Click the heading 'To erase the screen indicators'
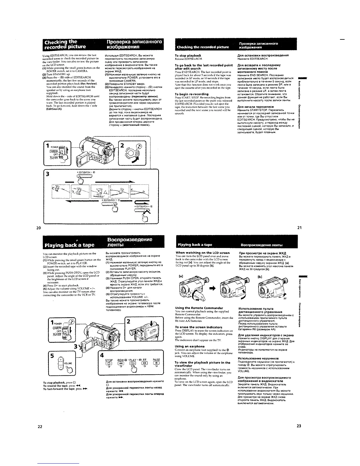(199, 327)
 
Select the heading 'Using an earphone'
(190, 346)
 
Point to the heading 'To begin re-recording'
(191, 94)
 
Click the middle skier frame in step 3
(99, 192)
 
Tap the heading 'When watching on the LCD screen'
(202, 253)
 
